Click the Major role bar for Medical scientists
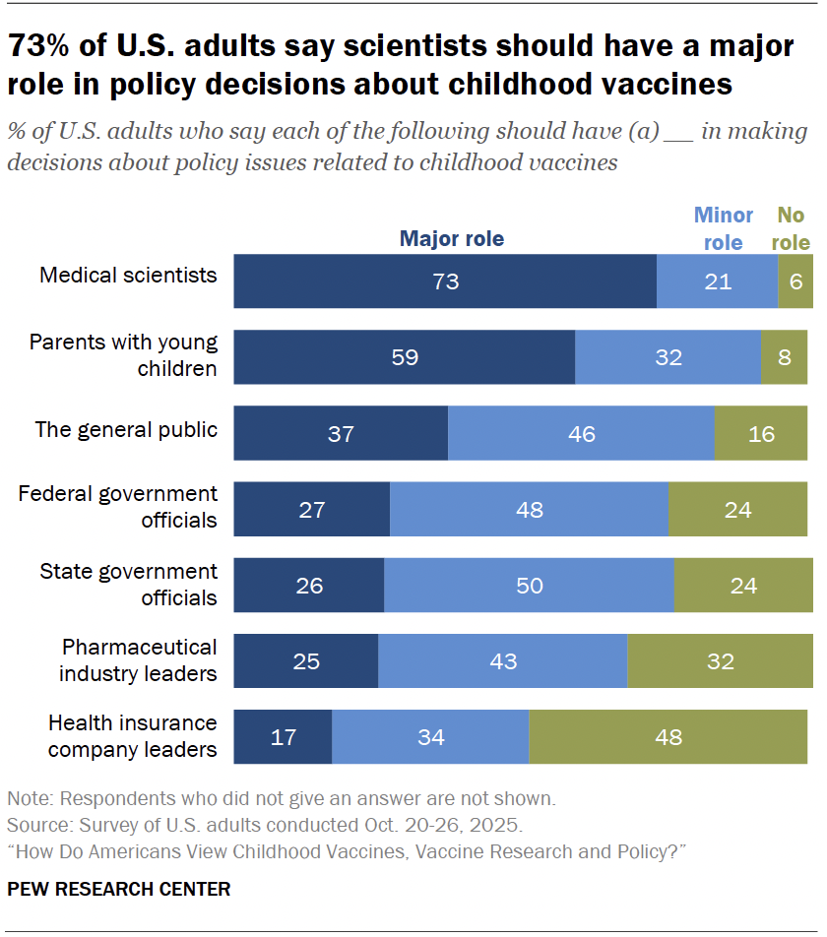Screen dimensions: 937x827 [x=445, y=281]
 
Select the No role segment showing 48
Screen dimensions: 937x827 [x=668, y=737]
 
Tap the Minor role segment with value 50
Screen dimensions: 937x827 [x=529, y=586]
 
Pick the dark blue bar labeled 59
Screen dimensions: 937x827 [x=404, y=357]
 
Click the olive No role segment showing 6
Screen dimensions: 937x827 [x=795, y=281]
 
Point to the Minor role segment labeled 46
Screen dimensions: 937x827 [x=581, y=433]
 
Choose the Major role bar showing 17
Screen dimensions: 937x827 [x=283, y=737]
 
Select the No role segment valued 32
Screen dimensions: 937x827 [x=720, y=661]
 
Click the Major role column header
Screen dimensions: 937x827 [x=451, y=239]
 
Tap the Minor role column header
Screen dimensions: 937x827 [x=724, y=228]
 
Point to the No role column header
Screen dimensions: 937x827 [x=793, y=228]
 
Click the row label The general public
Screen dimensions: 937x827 [x=126, y=430]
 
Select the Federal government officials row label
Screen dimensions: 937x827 [x=118, y=507]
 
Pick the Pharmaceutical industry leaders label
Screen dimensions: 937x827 [x=138, y=660]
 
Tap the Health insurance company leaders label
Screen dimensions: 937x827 [x=133, y=736]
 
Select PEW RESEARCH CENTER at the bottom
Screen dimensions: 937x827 [x=118, y=890]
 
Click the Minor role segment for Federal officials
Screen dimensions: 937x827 [x=529, y=510]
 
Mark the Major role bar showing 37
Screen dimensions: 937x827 [x=341, y=433]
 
